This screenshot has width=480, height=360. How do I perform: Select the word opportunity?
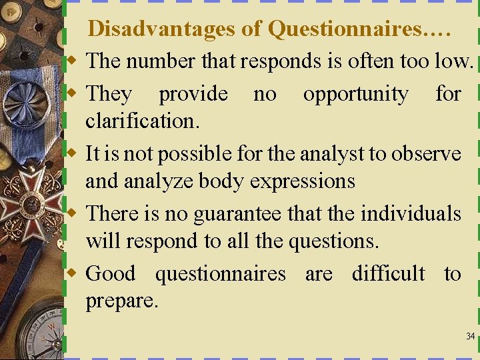click(355, 95)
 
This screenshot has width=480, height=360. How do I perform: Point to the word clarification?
click(143, 121)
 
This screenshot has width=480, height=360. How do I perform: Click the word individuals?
click(411, 214)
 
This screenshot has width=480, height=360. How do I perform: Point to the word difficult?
click(388, 273)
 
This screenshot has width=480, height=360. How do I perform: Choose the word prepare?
click(122, 301)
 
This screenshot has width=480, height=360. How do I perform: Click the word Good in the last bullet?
click(111, 273)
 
